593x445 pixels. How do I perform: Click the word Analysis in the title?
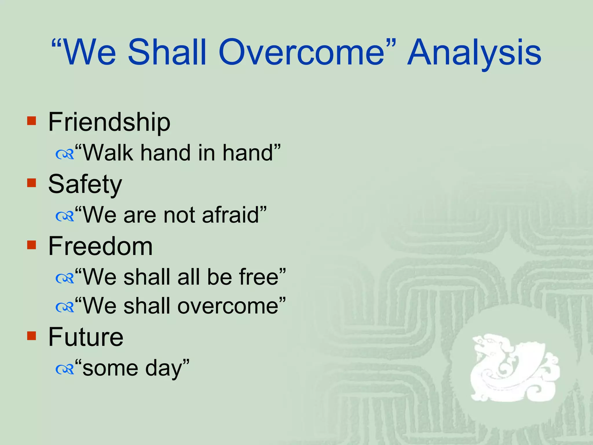(474, 53)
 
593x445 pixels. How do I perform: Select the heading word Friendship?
(109, 122)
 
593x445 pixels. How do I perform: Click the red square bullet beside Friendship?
(32, 121)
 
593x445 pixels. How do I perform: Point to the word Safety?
(85, 185)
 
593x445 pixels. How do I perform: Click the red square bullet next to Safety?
(32, 183)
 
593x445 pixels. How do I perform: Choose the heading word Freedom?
(100, 246)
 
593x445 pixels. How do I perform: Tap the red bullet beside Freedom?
(32, 245)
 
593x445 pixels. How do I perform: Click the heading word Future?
(86, 337)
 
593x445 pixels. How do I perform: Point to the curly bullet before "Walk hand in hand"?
(65, 155)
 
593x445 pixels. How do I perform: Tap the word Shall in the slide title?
(167, 53)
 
